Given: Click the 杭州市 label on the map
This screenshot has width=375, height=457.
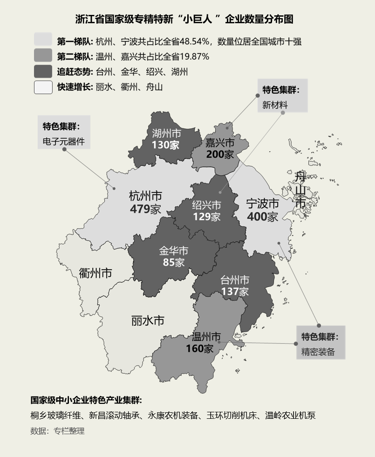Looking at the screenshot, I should [145, 196].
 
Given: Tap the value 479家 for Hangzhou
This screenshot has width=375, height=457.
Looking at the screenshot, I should [145, 209].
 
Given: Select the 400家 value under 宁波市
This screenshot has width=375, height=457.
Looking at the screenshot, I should [262, 217].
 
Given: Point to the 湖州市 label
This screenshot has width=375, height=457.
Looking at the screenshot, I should [166, 134].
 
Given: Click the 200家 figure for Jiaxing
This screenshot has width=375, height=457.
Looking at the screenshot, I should [220, 154].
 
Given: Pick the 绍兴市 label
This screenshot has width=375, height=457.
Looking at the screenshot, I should [207, 205].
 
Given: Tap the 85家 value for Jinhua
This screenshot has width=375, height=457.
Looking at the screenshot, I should [173, 262].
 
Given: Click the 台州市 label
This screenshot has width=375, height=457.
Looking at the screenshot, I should [235, 280].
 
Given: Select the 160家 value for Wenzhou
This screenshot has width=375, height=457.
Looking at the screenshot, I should [199, 348].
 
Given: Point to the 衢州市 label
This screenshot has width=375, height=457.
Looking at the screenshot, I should [95, 273].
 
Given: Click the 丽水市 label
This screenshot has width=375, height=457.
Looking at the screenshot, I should [148, 321].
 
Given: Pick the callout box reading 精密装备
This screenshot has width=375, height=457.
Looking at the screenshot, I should [320, 342].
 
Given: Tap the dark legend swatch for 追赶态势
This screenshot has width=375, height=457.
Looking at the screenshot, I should [43, 72].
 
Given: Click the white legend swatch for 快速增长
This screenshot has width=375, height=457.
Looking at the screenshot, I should [43, 87].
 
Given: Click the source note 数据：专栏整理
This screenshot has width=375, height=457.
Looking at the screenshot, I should [57, 431].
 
